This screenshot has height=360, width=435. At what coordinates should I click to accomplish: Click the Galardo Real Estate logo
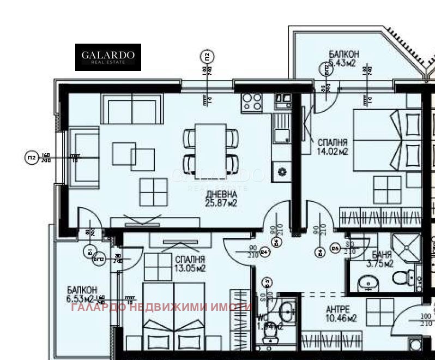(x=108, y=57)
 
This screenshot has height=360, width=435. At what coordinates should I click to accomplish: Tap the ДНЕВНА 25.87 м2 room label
(x=221, y=199)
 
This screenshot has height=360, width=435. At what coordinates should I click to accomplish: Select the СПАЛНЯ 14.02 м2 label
(x=332, y=147)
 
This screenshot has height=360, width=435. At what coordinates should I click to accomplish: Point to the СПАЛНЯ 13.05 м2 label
(x=190, y=264)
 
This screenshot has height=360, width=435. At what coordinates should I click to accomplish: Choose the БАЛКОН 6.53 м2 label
(x=83, y=295)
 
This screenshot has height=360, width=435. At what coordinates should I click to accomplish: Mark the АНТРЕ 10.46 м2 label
(x=339, y=314)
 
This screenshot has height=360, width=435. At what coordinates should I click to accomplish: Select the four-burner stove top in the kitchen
(x=252, y=101)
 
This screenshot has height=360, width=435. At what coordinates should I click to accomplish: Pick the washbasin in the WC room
(x=287, y=311)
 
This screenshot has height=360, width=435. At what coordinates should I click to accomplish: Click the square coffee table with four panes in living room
(x=154, y=191)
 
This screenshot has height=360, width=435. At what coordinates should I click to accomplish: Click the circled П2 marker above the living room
(x=207, y=56)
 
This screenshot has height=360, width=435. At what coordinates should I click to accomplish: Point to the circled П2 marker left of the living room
(x=32, y=158)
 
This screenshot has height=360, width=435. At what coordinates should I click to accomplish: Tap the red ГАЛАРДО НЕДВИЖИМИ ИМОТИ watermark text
(x=161, y=307)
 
